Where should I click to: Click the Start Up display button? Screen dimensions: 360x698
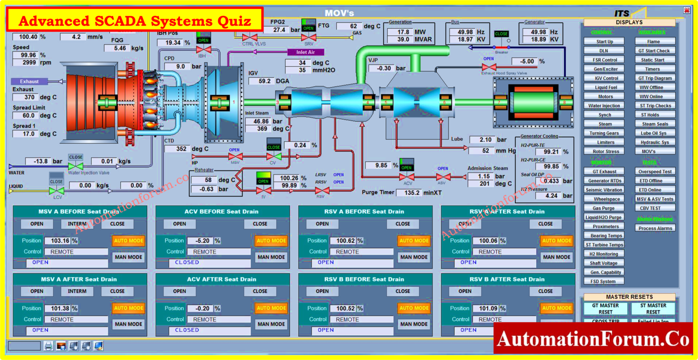(x=604, y=41)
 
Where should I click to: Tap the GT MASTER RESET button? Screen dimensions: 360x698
(x=605, y=309)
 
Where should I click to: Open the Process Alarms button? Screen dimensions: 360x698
(x=655, y=228)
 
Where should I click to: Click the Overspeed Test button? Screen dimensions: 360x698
(x=655, y=171)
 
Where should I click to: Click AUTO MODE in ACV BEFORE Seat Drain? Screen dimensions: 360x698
(x=271, y=240)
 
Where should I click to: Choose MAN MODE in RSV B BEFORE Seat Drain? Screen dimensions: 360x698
(x=414, y=324)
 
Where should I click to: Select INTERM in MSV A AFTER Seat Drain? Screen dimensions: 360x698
(x=77, y=291)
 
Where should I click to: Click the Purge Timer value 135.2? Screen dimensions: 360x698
(x=409, y=193)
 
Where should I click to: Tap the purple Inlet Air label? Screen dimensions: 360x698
(x=305, y=52)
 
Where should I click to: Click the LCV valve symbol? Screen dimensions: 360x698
(x=56, y=191)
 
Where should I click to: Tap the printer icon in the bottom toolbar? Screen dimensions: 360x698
(x=48, y=346)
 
